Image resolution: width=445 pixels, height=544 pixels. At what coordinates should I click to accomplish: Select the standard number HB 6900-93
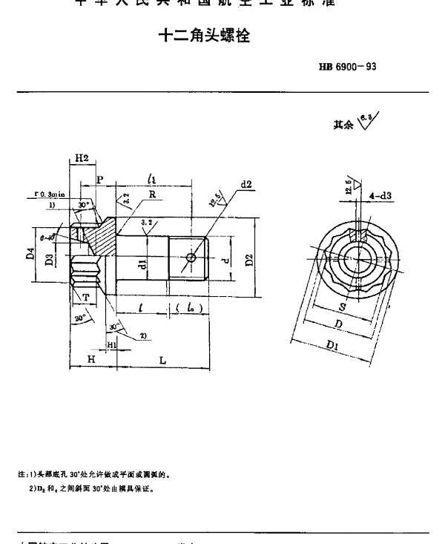point(348,67)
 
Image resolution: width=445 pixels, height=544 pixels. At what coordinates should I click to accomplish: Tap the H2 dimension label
point(81,158)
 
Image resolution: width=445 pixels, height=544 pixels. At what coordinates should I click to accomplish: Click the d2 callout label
point(246,185)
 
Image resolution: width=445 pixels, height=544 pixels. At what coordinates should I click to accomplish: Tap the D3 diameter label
point(48,259)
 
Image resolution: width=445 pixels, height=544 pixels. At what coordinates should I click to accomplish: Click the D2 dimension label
point(249,259)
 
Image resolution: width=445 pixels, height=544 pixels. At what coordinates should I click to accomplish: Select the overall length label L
point(162,360)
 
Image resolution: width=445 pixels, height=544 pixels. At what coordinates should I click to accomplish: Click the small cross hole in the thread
point(192,258)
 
